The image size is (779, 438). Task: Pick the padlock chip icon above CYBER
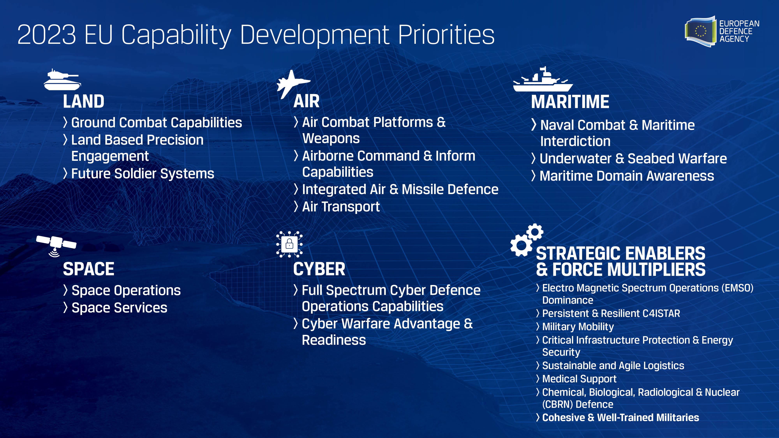[x=289, y=244]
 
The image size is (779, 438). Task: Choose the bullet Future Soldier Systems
[x=142, y=174]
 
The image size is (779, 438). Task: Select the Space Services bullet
[x=119, y=308]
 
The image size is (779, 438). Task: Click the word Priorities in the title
[x=446, y=35]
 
